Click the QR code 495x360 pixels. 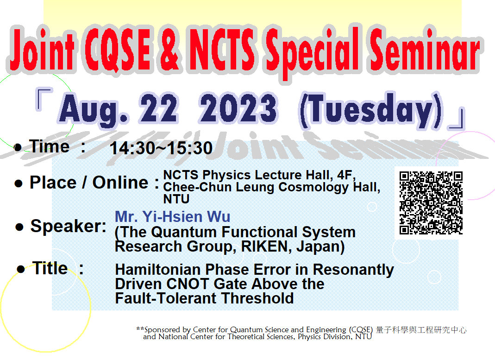[x=431, y=203]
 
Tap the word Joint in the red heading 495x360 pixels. [x=43, y=50]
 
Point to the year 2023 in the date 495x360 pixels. [x=238, y=108]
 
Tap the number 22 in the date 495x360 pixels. [x=159, y=108]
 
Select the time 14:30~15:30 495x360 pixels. [x=161, y=148]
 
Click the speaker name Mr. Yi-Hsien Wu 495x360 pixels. [x=172, y=217]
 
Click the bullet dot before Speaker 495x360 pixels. [x=19, y=227]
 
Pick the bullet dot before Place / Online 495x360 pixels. [x=19, y=183]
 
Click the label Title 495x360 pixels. [x=50, y=268]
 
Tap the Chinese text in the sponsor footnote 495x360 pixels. [x=421, y=330]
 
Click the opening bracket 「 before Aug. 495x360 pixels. [x=44, y=99]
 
